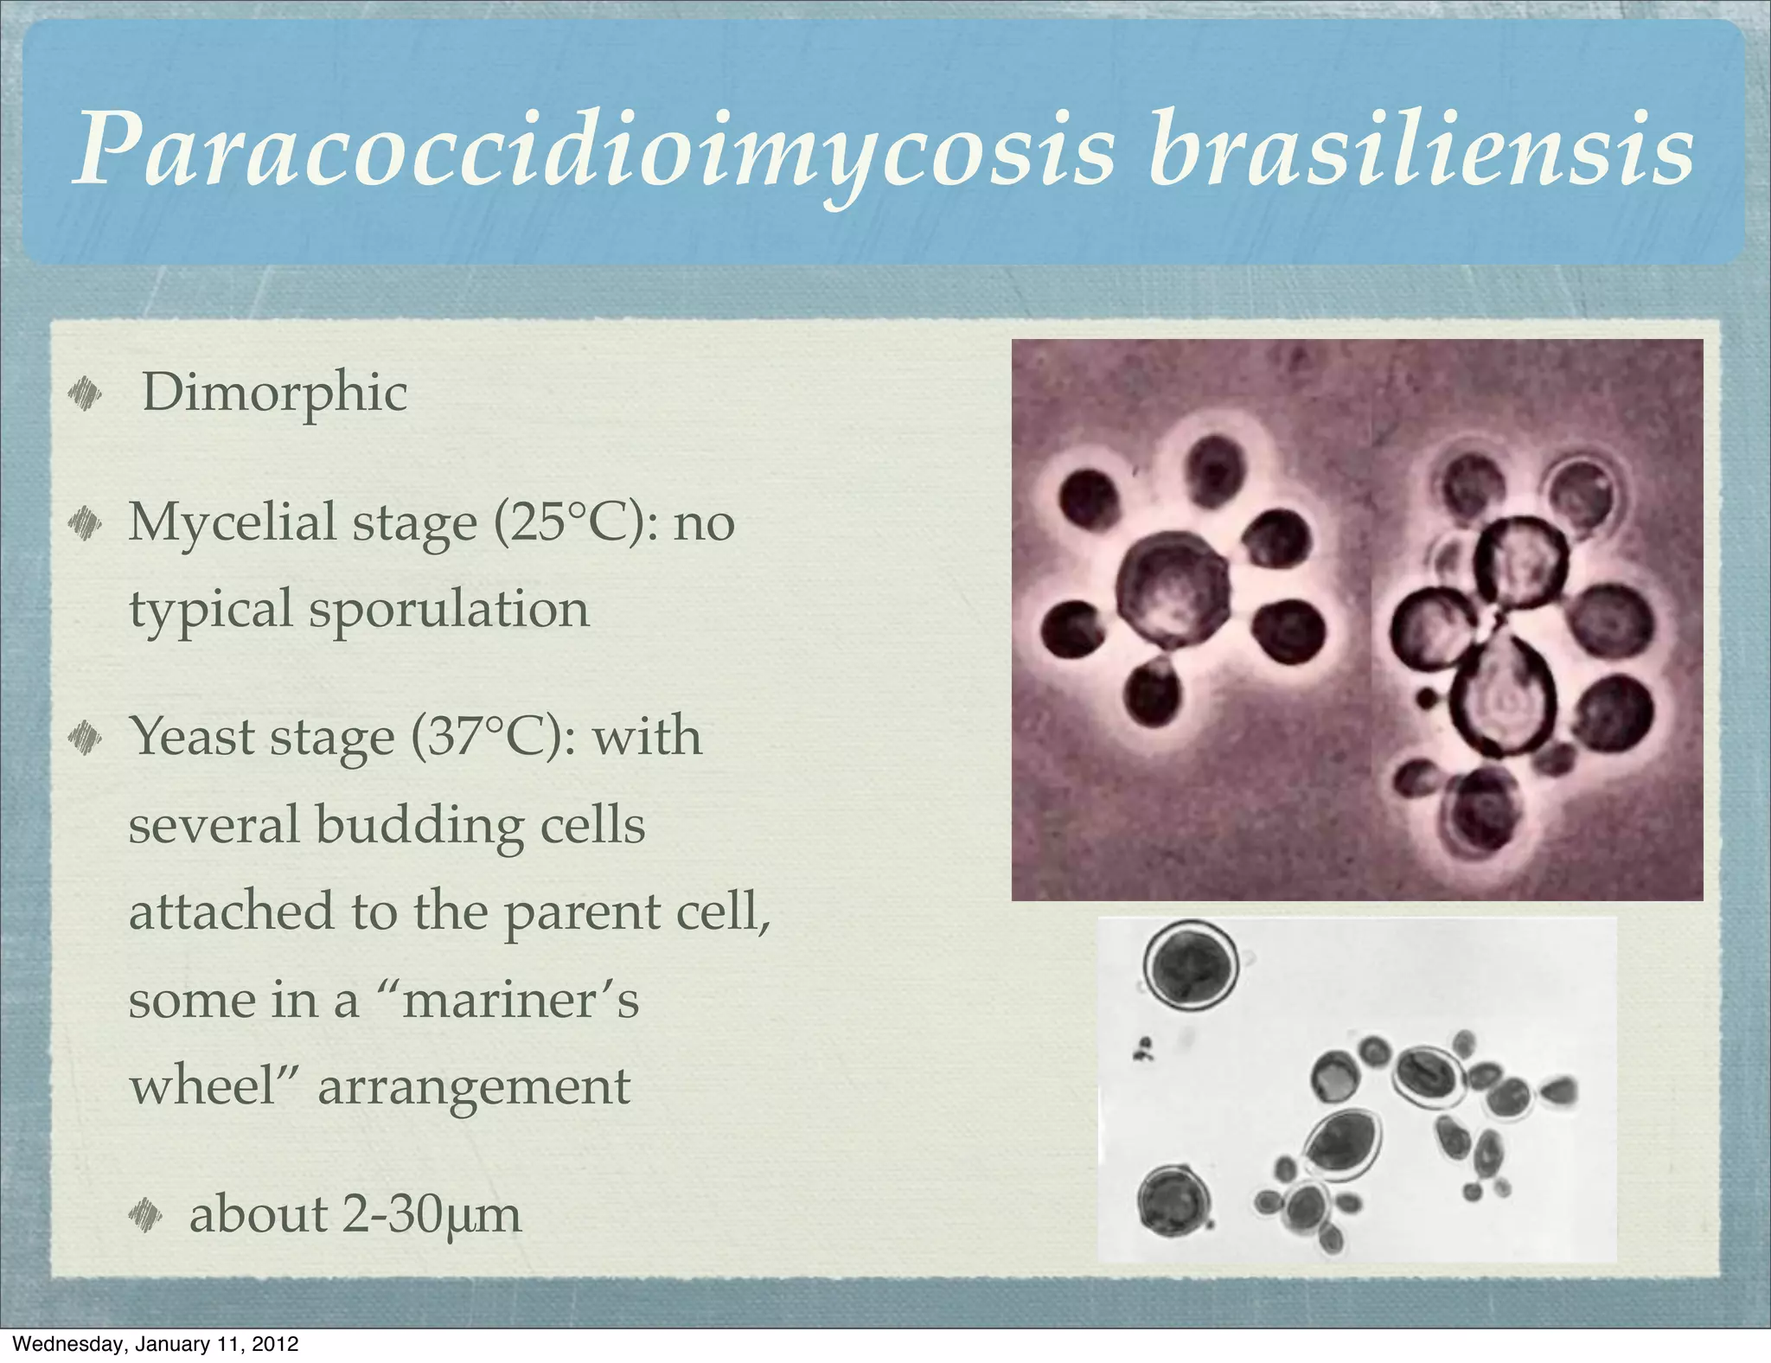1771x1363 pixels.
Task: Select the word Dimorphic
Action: click(x=274, y=393)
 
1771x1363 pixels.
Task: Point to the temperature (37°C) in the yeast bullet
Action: click(x=491, y=737)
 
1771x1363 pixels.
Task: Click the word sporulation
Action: click(x=449, y=609)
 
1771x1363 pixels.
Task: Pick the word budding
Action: click(x=419, y=825)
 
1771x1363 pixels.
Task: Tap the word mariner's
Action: click(x=521, y=1000)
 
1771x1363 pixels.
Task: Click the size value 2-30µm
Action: click(x=432, y=1214)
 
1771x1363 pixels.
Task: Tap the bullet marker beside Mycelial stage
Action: click(x=85, y=523)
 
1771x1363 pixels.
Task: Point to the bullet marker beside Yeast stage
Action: click(x=85, y=738)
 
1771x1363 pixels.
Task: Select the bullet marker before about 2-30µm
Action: click(x=145, y=1215)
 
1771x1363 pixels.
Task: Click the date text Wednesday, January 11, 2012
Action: click(x=157, y=1344)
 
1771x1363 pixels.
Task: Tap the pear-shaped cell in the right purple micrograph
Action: click(x=1503, y=695)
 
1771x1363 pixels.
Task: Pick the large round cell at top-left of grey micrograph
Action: click(x=1191, y=964)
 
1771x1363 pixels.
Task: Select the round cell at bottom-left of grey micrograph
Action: click(x=1172, y=1200)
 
